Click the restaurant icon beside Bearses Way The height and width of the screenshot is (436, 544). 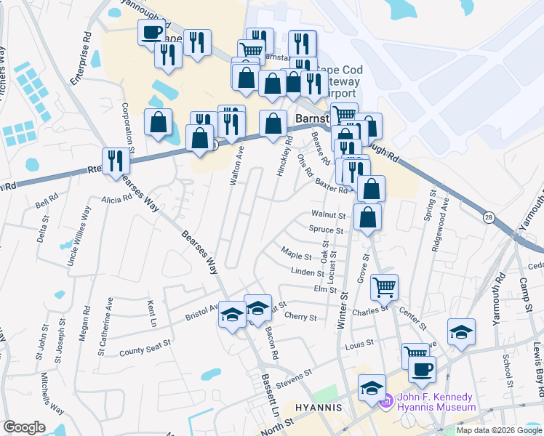click(x=114, y=161)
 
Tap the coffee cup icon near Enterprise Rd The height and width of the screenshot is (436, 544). click(x=151, y=33)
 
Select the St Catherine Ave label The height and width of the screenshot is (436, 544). click(x=110, y=316)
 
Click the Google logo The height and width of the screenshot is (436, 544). click(x=24, y=427)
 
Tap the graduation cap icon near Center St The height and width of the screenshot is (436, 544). click(x=460, y=332)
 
